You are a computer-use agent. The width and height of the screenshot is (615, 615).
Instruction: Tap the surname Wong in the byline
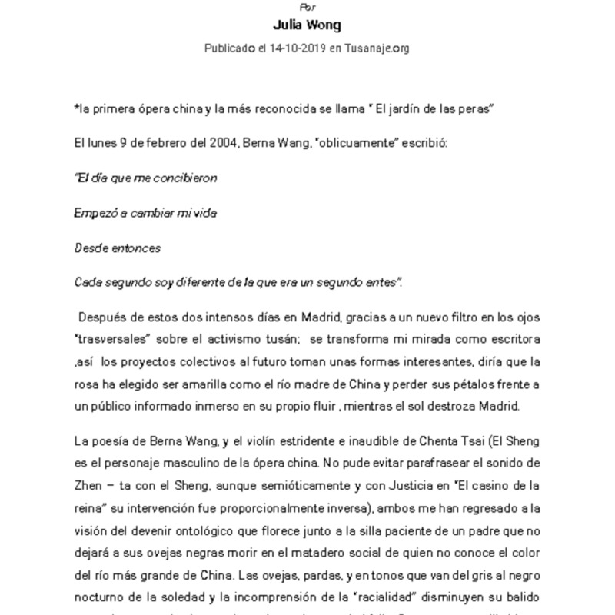tap(325, 25)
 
